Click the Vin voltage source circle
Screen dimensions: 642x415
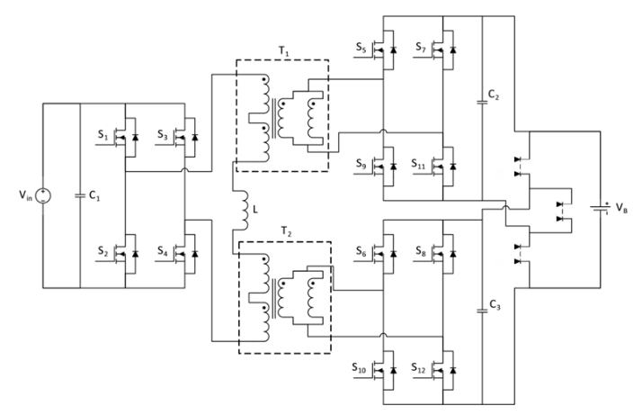pyautogui.click(x=43, y=195)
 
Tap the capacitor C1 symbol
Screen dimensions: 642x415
pyautogui.click(x=80, y=195)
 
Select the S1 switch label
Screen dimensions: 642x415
pyautogui.click(x=103, y=134)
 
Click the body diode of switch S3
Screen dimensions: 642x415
pyautogui.click(x=195, y=137)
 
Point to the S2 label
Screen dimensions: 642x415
pyautogui.click(x=103, y=250)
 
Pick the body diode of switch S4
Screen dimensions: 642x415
pyautogui.click(x=195, y=254)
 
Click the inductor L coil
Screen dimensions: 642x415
pyautogui.click(x=245, y=210)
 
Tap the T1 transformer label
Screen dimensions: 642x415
pyautogui.click(x=284, y=51)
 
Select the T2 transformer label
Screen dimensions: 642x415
pyautogui.click(x=287, y=232)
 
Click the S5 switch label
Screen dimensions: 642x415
pyautogui.click(x=361, y=47)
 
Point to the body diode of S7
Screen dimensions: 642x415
pyautogui.click(x=453, y=50)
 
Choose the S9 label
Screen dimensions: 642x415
pyautogui.click(x=361, y=164)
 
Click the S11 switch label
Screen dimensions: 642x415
pyautogui.click(x=419, y=164)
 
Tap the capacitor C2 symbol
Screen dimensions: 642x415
pyautogui.click(x=483, y=102)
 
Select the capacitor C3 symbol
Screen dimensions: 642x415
pyautogui.click(x=483, y=311)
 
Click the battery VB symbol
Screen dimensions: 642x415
pyautogui.click(x=601, y=208)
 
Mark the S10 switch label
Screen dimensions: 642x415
pyautogui.click(x=359, y=367)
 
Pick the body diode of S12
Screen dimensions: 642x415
pyautogui.click(x=453, y=370)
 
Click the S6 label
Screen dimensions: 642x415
pyautogui.click(x=361, y=251)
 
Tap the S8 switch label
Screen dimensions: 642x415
pyautogui.click(x=421, y=251)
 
